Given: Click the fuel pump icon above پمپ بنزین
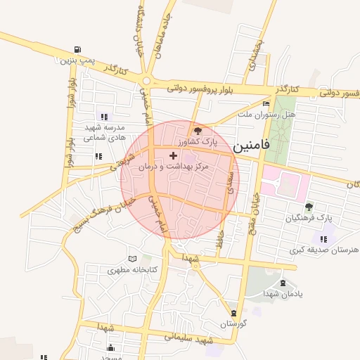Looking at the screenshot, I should pyautogui.click(x=76, y=49).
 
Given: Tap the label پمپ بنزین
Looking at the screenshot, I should pyautogui.click(x=76, y=61).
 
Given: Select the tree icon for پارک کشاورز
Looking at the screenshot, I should pyautogui.click(x=198, y=130).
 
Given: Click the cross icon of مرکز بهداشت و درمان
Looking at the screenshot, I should pyautogui.click(x=174, y=155).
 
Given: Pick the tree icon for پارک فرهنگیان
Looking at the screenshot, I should pyautogui.click(x=309, y=207).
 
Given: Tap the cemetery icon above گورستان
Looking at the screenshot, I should pyautogui.click(x=233, y=312).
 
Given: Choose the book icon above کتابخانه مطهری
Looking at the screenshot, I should pyautogui.click(x=144, y=259).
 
